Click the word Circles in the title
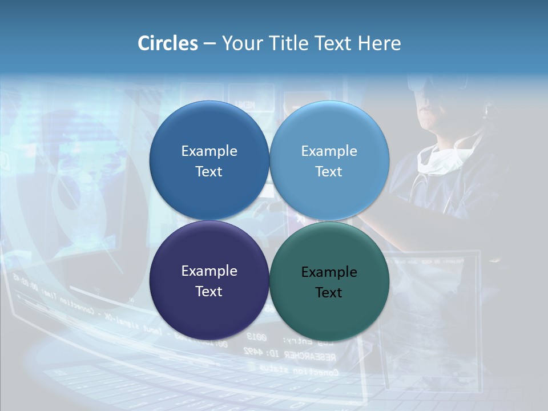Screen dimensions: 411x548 click(x=168, y=43)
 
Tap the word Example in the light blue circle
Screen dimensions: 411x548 click(x=329, y=151)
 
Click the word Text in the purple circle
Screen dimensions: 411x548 click(x=209, y=291)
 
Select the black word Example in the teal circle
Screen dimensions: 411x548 click(x=329, y=272)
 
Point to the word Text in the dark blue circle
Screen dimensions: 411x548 click(x=209, y=171)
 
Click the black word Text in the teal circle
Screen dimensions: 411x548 click(x=329, y=292)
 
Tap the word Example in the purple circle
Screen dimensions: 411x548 click(x=209, y=271)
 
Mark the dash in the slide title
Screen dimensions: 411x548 click(x=209, y=44)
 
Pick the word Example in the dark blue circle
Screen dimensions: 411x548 click(x=209, y=151)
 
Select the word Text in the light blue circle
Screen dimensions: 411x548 click(x=329, y=171)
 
